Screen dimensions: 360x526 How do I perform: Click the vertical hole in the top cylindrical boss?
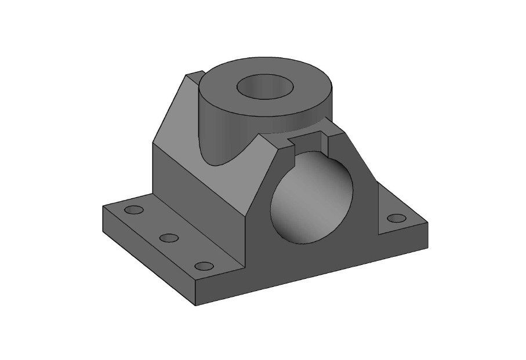point(264,87)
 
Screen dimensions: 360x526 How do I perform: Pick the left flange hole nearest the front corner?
point(204,266)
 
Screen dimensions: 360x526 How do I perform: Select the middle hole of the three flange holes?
point(169,238)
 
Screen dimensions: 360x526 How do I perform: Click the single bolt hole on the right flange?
point(397,218)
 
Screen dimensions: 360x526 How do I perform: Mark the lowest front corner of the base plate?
point(195,305)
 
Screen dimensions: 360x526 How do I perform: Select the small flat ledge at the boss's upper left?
point(193,74)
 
